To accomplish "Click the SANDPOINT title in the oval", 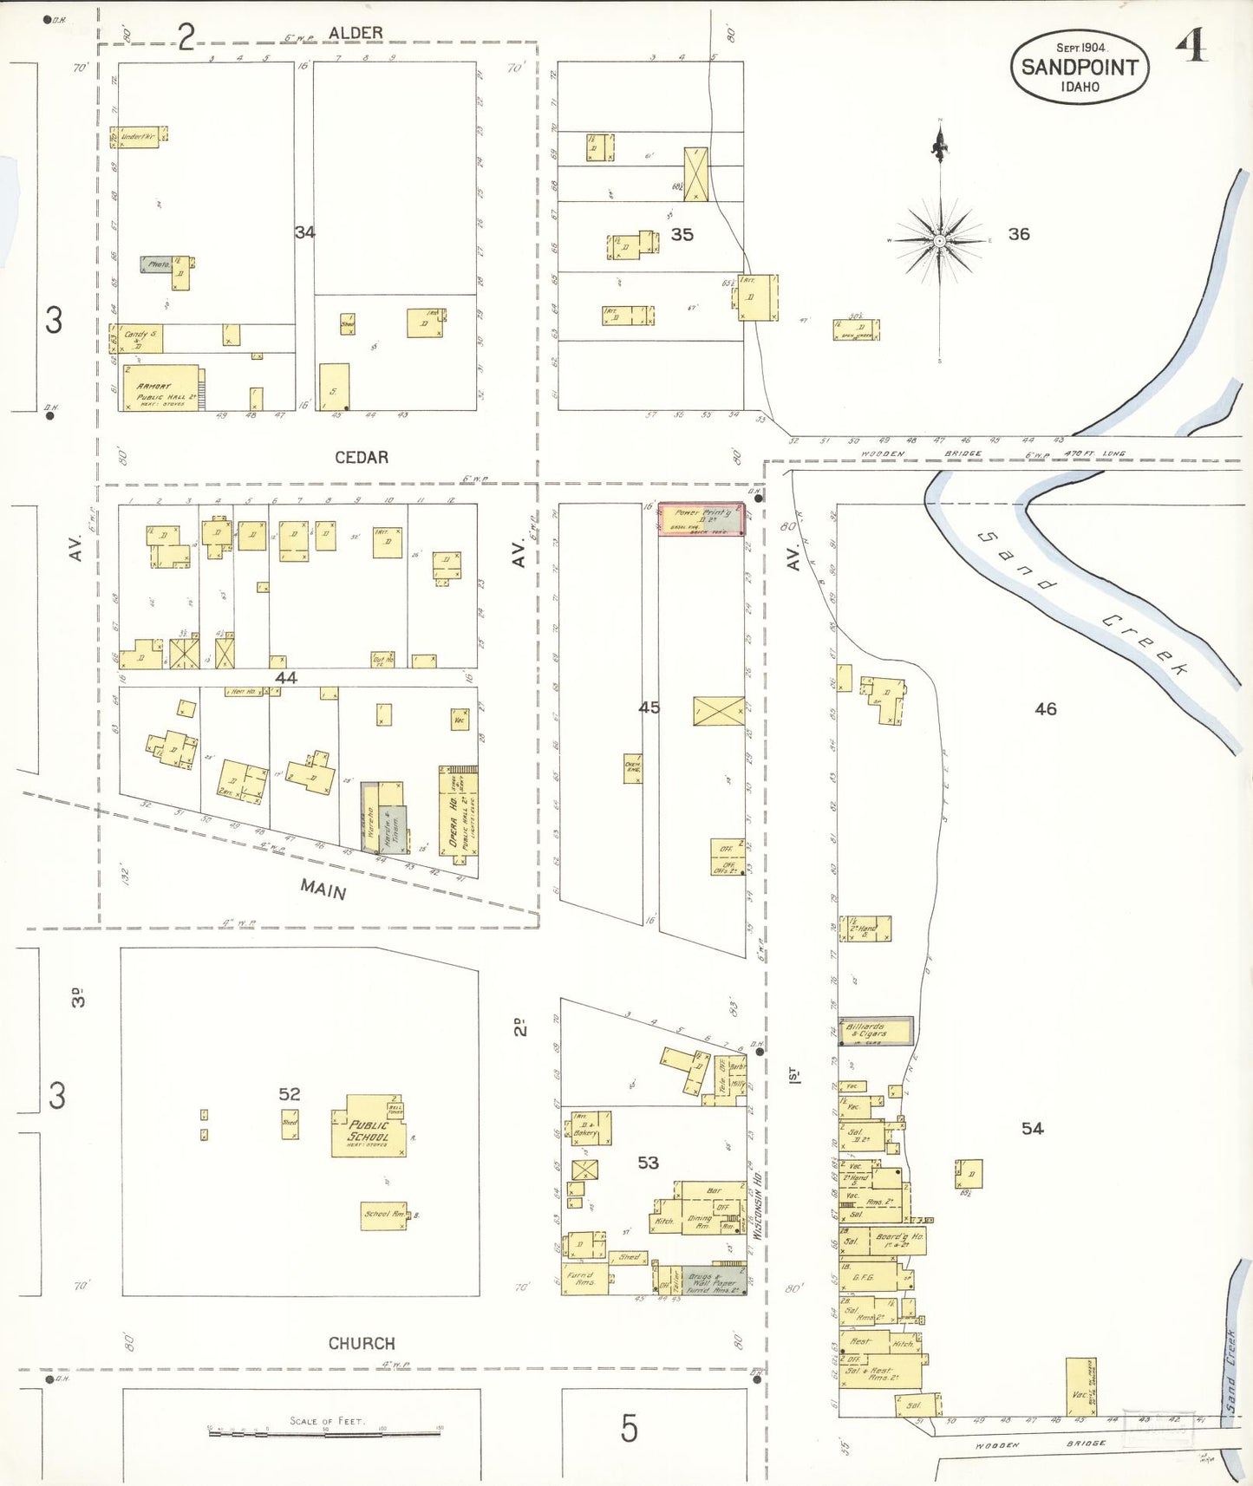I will pos(1080,67).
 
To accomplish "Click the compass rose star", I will pos(940,240).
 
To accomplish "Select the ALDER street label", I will pos(356,33).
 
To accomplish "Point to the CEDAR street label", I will pos(362,457).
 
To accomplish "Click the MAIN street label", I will pos(323,889).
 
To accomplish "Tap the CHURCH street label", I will pos(362,1343).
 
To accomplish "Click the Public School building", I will pos(369,1131).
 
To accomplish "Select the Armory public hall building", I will pos(160,388).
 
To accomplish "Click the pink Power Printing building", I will pos(701,519).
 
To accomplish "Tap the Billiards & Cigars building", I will pos(877,1032).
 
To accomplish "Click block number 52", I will pos(290,1094).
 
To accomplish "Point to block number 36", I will pos(1019,234).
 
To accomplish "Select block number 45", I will pos(649,707).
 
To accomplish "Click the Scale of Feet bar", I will pos(325,1433).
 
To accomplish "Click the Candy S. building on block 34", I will pos(138,338).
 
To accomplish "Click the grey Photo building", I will pos(157,264).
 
